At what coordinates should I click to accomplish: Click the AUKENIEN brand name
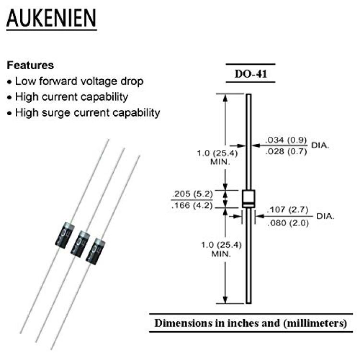(x=51, y=18)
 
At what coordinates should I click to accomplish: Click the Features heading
(x=30, y=65)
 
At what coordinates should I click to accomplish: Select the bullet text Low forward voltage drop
(x=79, y=81)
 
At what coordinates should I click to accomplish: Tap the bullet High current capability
(x=72, y=97)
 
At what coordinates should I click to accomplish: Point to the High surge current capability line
(x=87, y=113)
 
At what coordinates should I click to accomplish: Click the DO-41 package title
(x=251, y=73)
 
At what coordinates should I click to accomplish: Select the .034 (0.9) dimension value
(x=286, y=140)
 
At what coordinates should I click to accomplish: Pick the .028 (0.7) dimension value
(x=286, y=151)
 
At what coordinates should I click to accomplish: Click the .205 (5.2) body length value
(x=192, y=194)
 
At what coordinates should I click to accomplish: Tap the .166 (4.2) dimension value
(x=192, y=205)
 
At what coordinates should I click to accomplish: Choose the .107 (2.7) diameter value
(x=288, y=209)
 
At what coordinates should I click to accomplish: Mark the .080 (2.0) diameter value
(x=288, y=223)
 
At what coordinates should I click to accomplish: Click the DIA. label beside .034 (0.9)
(x=320, y=145)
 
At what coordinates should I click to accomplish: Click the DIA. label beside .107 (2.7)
(x=325, y=216)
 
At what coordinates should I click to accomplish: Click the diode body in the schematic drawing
(x=249, y=199)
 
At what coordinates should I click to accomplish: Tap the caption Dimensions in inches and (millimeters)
(x=251, y=323)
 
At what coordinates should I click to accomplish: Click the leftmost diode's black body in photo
(x=65, y=235)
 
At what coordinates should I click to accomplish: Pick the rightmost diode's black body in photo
(x=96, y=252)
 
